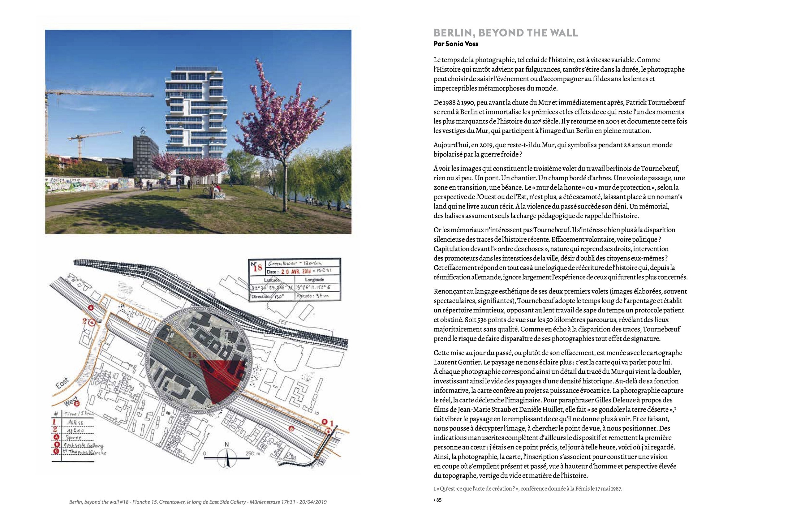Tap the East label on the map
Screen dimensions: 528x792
coord(62,384)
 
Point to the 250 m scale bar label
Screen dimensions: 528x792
coord(252,453)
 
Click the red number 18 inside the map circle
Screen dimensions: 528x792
coord(193,355)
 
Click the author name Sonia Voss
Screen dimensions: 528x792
coord(464,44)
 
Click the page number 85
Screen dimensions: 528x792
coord(438,509)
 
